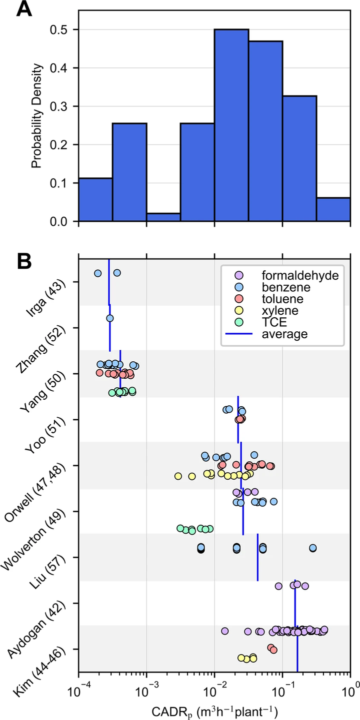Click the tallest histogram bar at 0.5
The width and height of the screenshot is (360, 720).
(231, 125)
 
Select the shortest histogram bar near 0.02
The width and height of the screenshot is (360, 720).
(163, 217)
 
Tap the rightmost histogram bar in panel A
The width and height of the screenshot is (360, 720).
(333, 209)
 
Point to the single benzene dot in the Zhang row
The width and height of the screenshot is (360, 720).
(110, 318)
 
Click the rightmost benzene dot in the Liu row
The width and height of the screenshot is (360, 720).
(313, 548)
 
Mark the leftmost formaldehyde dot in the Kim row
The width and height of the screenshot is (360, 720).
(225, 632)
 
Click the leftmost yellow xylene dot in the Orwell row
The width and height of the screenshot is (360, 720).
(178, 476)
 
